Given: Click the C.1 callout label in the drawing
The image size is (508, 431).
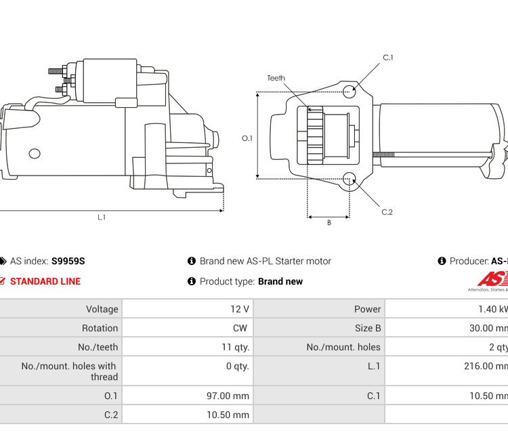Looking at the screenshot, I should pyautogui.click(x=388, y=58).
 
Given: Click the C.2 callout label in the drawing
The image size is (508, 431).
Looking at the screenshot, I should pyautogui.click(x=387, y=212).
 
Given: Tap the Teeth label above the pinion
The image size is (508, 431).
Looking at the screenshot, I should pyautogui.click(x=276, y=78).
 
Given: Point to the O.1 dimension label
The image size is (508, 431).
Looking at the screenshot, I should pyautogui.click(x=247, y=138).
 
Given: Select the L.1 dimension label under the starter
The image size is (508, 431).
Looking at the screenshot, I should pyautogui.click(x=102, y=218).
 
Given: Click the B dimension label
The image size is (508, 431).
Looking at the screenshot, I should pyautogui.click(x=329, y=223).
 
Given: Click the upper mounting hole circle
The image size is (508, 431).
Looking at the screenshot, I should pyautogui.click(x=349, y=91).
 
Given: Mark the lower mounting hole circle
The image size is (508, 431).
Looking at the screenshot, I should pyautogui.click(x=349, y=179).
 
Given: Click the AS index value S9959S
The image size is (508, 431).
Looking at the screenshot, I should pyautogui.click(x=68, y=261).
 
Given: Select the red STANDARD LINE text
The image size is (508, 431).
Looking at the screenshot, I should pyautogui.click(x=45, y=281).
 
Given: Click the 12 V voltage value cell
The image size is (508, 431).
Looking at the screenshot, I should pyautogui.click(x=240, y=309).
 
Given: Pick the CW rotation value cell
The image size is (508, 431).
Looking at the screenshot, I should pyautogui.click(x=240, y=328).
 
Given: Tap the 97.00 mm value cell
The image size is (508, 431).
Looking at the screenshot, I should pyautogui.click(x=228, y=396).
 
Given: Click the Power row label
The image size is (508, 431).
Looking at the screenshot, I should pyautogui.click(x=367, y=309).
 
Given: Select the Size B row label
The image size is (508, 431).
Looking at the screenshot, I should pyautogui.click(x=364, y=328).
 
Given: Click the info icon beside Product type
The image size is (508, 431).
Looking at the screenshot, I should pyautogui.click(x=192, y=281).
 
